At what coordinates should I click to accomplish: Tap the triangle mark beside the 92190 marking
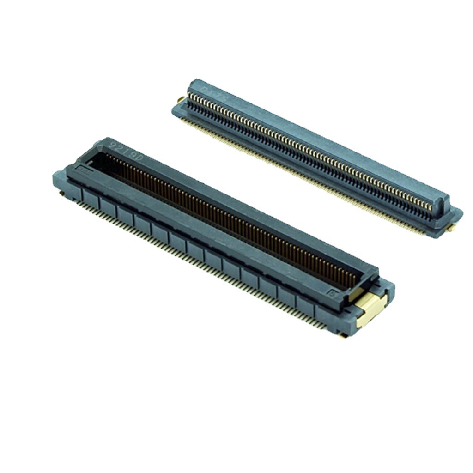pyautogui.click(x=105, y=143)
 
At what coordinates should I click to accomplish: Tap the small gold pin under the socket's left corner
pyautogui.click(x=61, y=195)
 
